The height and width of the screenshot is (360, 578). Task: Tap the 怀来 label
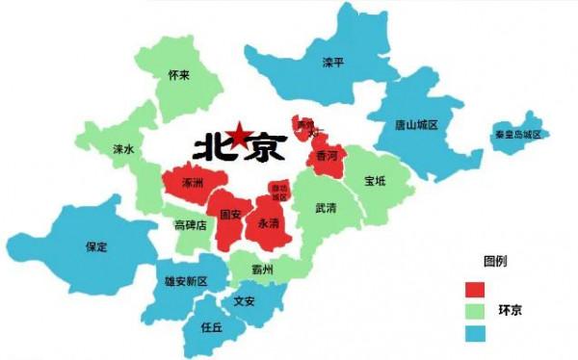click(x=178, y=75)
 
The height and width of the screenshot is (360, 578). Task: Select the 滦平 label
click(x=333, y=63)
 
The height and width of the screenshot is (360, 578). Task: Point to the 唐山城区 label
click(x=416, y=125)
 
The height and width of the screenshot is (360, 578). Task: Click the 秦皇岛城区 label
click(x=517, y=134)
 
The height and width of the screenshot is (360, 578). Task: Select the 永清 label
click(x=269, y=222)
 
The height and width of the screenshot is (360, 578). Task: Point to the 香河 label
click(x=327, y=155)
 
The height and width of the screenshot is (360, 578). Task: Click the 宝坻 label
click(x=375, y=181)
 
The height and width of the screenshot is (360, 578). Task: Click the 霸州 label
click(x=262, y=270)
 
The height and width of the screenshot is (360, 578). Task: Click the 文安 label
click(x=244, y=300)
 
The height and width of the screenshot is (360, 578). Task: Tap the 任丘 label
click(x=212, y=326)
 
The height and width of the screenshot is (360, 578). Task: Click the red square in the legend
click(x=474, y=290)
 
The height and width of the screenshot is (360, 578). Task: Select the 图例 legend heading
click(x=495, y=262)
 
